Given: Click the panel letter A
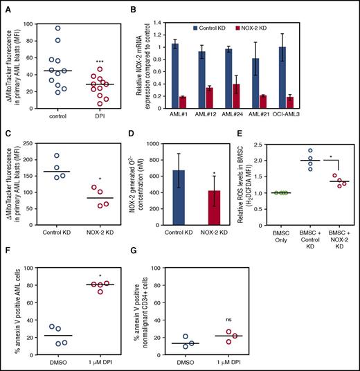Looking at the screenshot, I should (6, 8).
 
